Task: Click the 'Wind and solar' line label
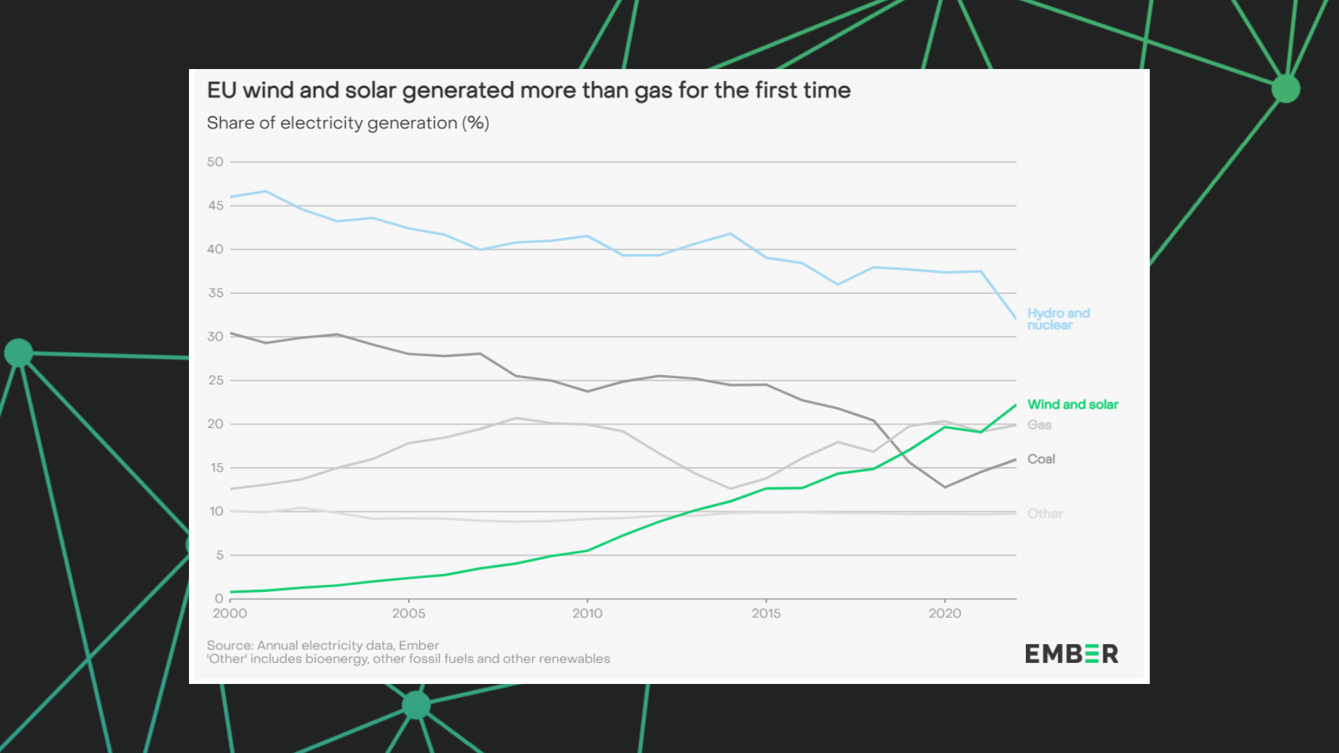[1072, 404]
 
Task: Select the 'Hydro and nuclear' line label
[1058, 319]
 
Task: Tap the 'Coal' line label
[1041, 459]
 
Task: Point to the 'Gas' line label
[1038, 425]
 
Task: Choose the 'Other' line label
[1045, 514]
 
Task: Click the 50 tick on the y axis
[215, 162]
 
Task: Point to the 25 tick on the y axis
[215, 381]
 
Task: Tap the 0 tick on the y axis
[219, 599]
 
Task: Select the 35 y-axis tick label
[215, 293]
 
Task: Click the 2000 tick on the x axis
[229, 614]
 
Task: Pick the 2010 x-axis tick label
[587, 614]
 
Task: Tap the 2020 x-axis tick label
[944, 614]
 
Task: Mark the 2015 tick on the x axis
[766, 614]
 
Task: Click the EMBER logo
[1071, 654]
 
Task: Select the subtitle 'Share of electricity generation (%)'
[348, 123]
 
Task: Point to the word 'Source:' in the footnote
[230, 646]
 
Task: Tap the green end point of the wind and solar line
[1015, 405]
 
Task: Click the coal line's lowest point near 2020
[945, 487]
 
